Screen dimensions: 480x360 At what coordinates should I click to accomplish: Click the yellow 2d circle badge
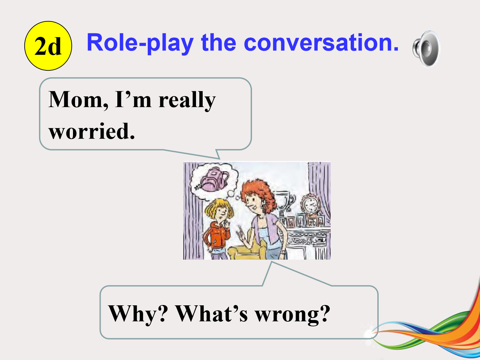click(48, 46)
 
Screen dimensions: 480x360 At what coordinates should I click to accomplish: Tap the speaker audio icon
click(426, 48)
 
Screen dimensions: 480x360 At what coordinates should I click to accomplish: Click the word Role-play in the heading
click(140, 43)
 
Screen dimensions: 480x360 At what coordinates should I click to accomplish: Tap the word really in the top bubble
click(187, 100)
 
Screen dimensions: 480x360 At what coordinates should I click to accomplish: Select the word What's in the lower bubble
click(211, 313)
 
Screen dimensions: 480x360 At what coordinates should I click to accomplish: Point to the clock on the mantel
click(310, 204)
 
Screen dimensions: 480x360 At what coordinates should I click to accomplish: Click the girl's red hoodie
click(216, 235)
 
